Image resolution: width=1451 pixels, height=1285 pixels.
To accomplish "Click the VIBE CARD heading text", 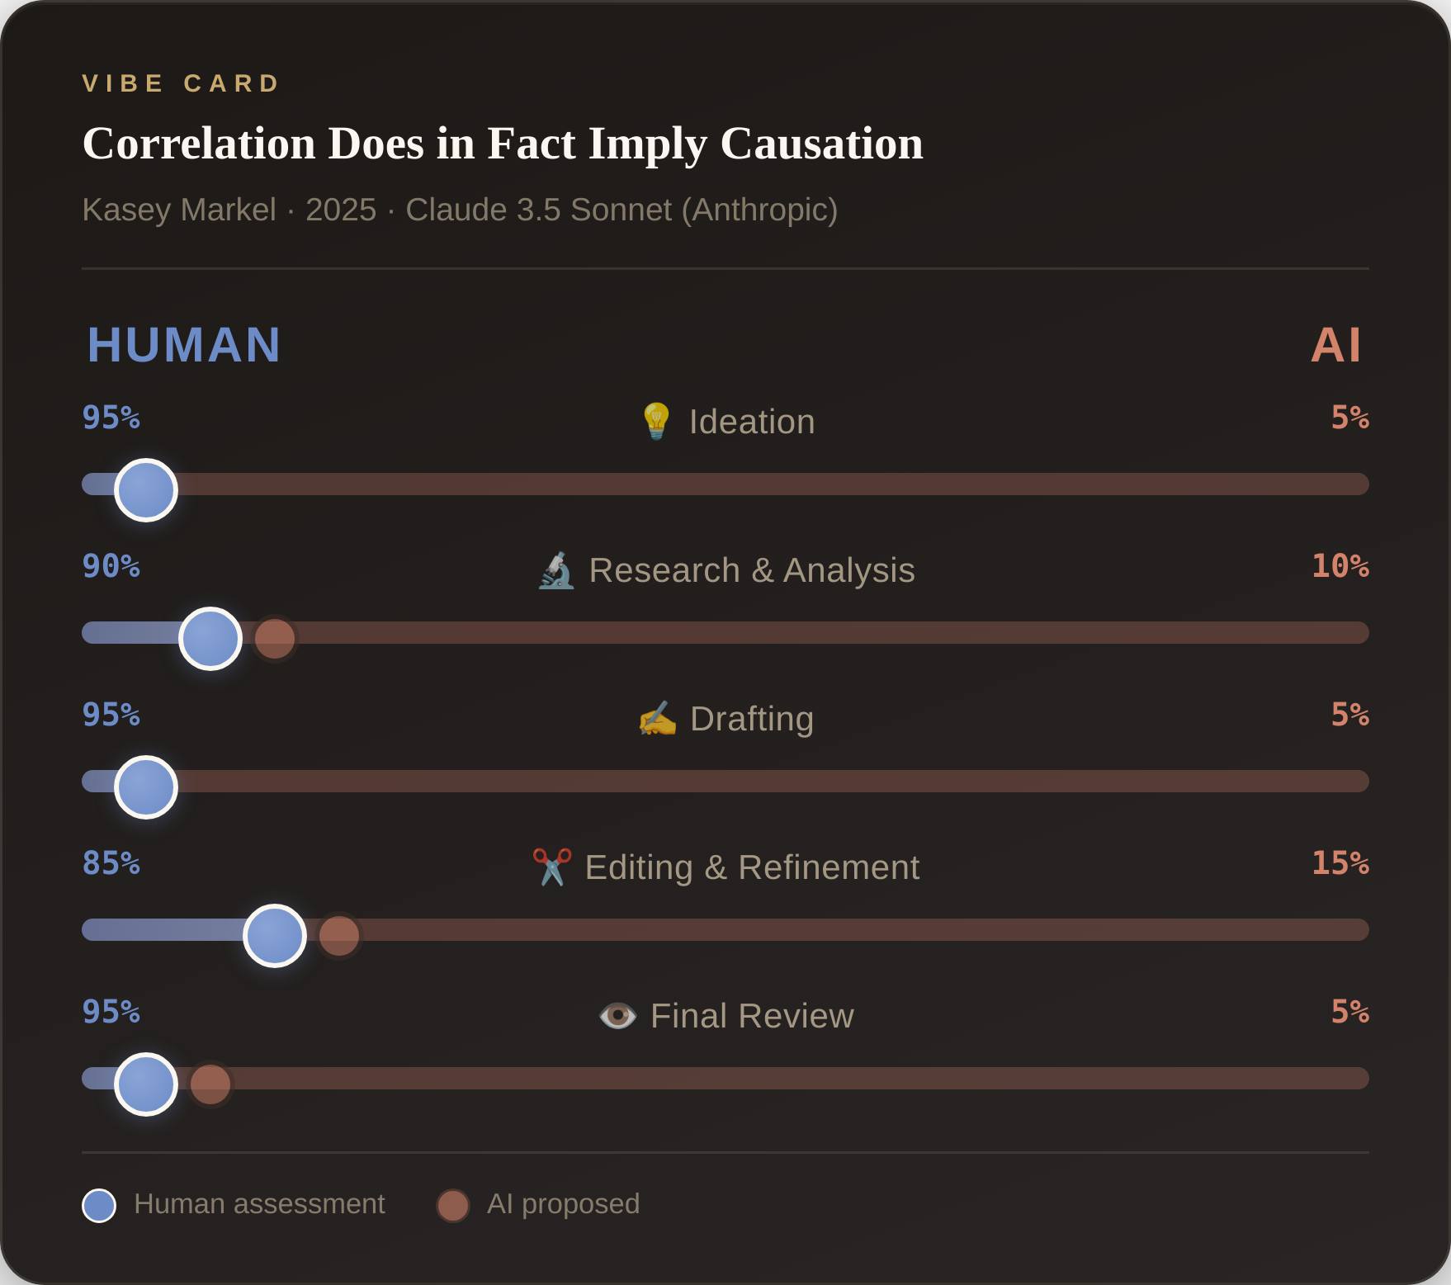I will [182, 83].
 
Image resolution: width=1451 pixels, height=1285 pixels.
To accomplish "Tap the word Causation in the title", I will [821, 144].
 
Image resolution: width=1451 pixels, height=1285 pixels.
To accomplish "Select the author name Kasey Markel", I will [179, 210].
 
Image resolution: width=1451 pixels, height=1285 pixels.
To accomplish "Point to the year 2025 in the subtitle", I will [340, 210].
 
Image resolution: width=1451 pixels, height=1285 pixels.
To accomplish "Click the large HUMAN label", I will [184, 344].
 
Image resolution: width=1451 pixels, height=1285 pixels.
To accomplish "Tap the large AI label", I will [1335, 344].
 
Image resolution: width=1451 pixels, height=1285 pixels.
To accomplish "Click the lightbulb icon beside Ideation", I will [656, 421].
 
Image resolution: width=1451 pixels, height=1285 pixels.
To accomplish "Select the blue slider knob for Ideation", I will [146, 490].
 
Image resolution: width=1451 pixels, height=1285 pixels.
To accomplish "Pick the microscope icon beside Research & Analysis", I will [556, 570].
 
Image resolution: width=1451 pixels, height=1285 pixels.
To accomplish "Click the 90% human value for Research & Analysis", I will [111, 566].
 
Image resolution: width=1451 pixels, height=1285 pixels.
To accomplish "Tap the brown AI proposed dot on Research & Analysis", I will [275, 638].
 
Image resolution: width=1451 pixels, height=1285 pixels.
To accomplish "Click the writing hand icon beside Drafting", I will [657, 718].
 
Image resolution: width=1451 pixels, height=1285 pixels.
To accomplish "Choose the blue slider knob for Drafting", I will [146, 787].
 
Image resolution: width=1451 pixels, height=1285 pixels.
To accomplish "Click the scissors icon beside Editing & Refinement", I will [552, 867].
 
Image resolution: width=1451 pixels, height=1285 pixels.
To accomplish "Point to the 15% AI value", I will [1340, 863].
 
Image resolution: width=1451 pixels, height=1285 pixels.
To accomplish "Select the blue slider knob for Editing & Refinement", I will [275, 936].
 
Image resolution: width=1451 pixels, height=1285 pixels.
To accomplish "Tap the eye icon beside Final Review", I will [617, 1016].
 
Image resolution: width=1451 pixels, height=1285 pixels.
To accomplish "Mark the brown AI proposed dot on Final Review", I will [210, 1084].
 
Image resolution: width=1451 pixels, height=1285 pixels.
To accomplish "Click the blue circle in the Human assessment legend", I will [99, 1206].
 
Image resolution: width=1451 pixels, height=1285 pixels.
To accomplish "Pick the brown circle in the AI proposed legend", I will [453, 1206].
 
